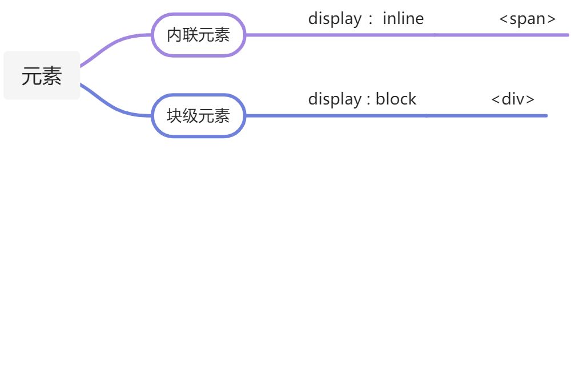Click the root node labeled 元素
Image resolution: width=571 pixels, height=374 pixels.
42,75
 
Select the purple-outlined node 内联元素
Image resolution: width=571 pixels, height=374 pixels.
198,35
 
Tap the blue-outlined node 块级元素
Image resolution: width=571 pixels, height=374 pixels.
198,116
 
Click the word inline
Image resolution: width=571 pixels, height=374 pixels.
403,18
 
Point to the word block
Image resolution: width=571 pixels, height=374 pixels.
396,99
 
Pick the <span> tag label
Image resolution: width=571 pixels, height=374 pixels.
527,19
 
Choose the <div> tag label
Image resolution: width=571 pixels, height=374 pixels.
513,99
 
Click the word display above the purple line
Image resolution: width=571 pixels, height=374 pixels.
335,19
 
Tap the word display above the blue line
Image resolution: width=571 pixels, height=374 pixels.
335,99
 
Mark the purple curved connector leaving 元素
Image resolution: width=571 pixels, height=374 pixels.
114,43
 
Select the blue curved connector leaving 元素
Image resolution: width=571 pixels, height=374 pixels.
114,106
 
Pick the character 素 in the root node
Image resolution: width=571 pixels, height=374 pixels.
52,76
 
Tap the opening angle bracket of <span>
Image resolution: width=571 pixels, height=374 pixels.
504,19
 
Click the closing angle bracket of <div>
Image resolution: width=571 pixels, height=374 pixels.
530,100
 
